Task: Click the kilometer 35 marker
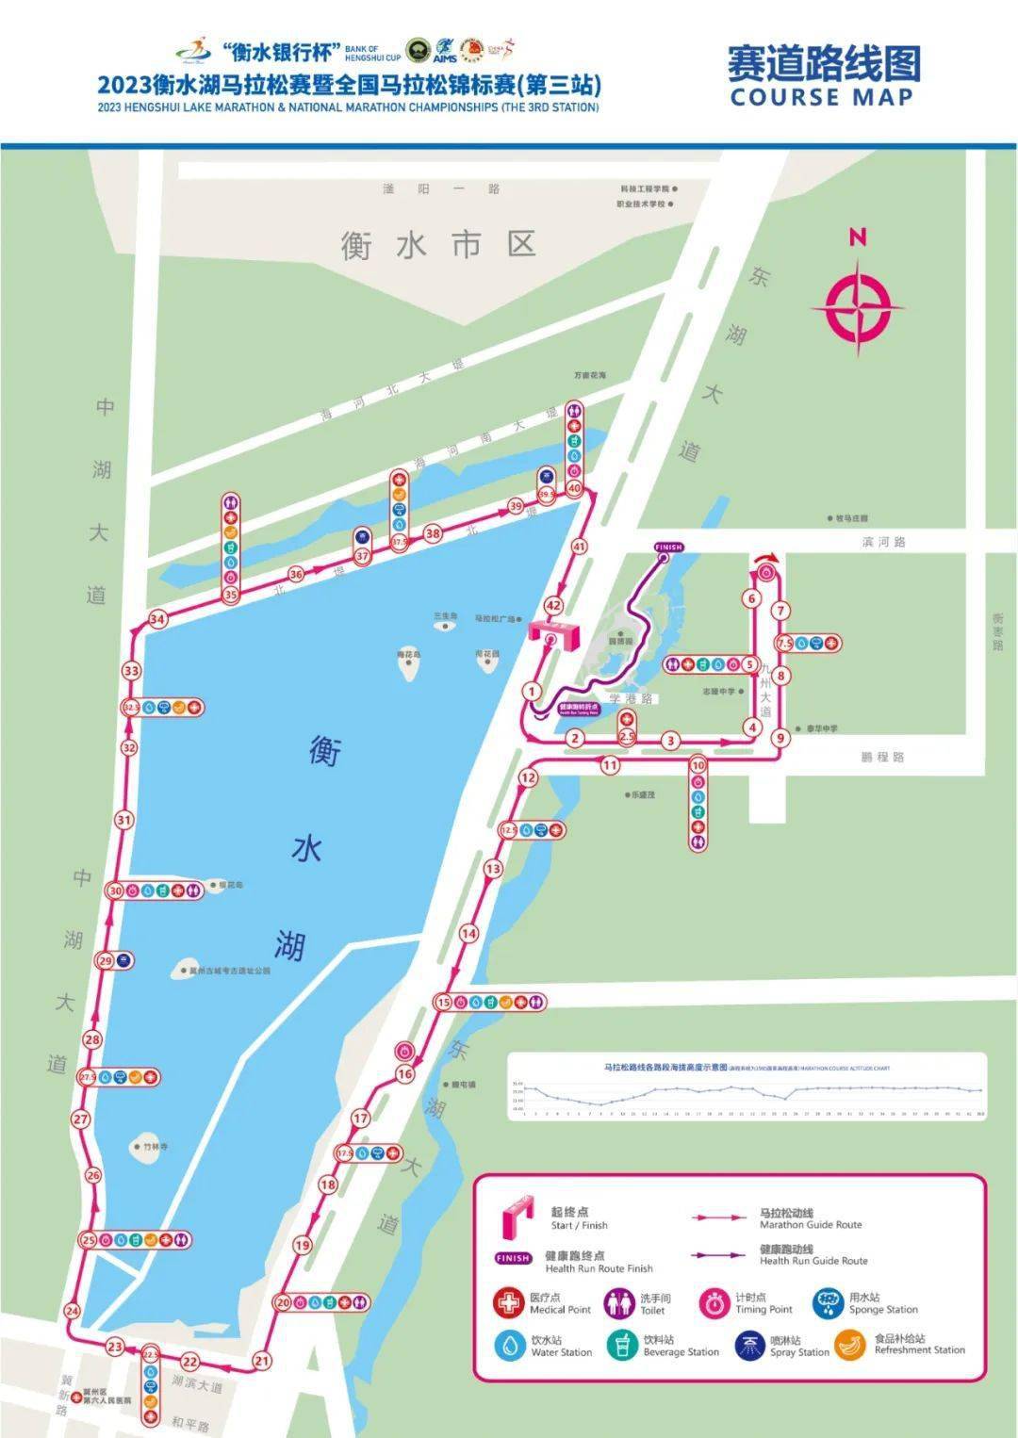tap(231, 595)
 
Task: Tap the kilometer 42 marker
tap(553, 606)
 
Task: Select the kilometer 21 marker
tap(262, 1360)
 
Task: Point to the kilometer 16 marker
tap(405, 1073)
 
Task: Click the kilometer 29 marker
tap(106, 961)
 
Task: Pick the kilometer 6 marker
tap(751, 598)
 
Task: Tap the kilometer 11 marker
tap(611, 765)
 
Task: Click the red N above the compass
tap(857, 237)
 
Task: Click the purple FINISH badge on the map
tap(667, 547)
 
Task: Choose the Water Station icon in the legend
tap(511, 1345)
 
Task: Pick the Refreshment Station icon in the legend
tap(851, 1345)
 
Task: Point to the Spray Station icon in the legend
tap(750, 1345)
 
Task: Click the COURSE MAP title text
tap(821, 97)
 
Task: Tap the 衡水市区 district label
tap(438, 245)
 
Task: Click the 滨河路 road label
tap(883, 542)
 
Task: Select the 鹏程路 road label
tap(882, 757)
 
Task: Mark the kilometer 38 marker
tap(433, 533)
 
